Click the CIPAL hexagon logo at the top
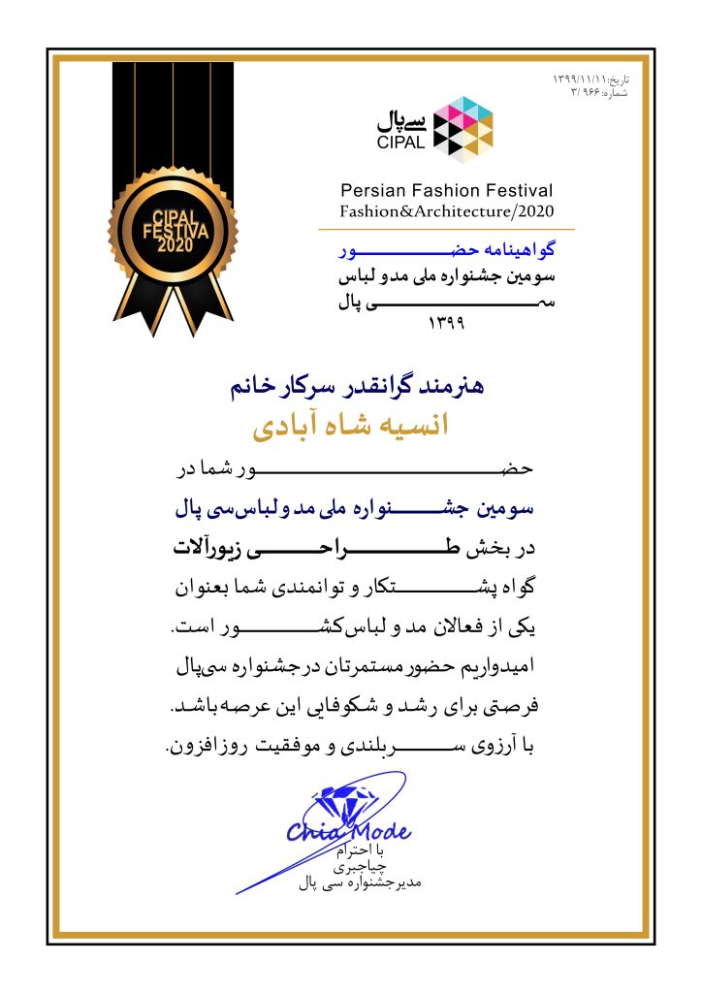pos(463,125)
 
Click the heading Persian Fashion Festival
pos(446,190)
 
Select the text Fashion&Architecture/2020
pos(446,210)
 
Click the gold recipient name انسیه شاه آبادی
pos(351,428)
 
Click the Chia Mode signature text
pos(348,831)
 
